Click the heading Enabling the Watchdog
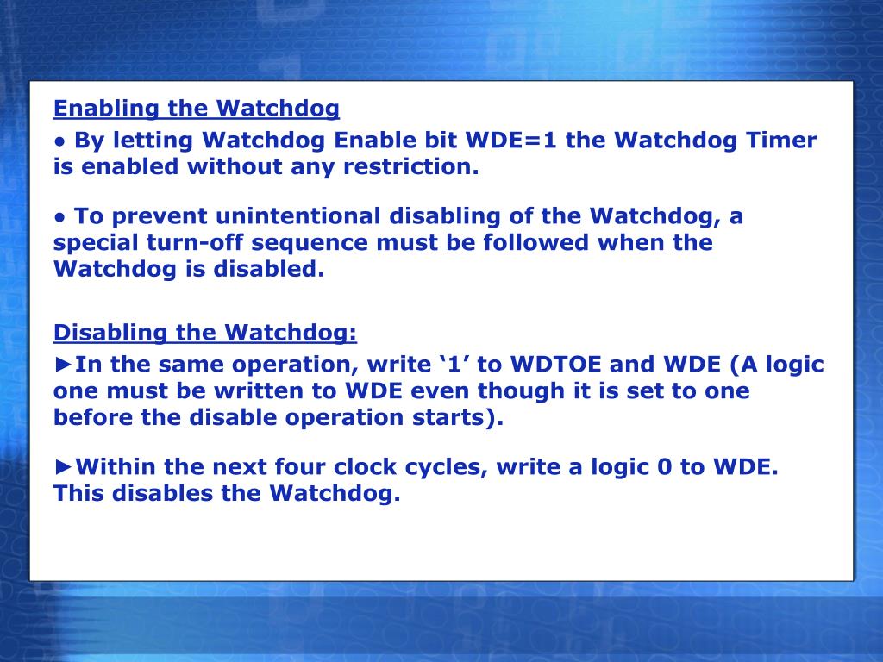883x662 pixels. (x=197, y=109)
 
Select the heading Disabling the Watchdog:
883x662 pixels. (x=205, y=333)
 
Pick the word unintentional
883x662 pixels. (x=297, y=215)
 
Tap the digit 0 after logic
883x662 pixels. (x=664, y=467)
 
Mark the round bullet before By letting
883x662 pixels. (x=60, y=141)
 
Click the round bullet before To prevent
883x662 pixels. (x=60, y=216)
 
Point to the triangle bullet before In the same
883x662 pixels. (x=63, y=365)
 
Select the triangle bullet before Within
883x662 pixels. (x=63, y=467)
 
